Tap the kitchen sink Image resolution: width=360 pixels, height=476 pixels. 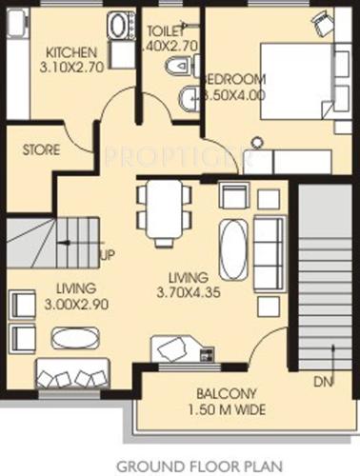point(119,26)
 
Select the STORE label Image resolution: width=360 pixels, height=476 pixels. point(41,149)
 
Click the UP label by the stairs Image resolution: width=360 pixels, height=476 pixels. point(110,255)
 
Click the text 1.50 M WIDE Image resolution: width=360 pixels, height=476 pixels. point(224,410)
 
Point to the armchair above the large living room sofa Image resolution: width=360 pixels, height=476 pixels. point(233,196)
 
